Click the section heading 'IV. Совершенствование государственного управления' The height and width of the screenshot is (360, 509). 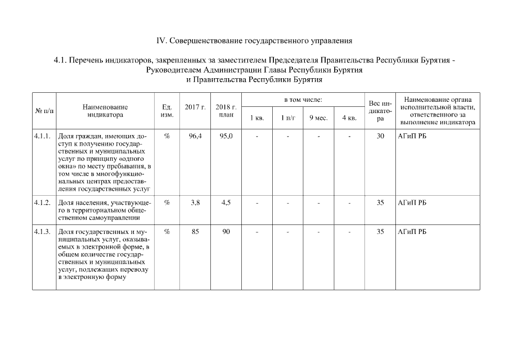[254, 41]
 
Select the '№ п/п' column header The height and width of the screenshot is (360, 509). [44, 110]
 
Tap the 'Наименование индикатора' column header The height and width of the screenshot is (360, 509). [105, 110]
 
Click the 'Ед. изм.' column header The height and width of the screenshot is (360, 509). [166, 110]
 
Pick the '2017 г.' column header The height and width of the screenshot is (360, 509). [195, 107]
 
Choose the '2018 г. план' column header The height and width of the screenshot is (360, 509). [226, 110]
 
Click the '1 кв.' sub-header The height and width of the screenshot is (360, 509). [256, 118]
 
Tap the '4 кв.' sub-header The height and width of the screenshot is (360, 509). [349, 118]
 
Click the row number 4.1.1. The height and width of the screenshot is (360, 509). [43, 136]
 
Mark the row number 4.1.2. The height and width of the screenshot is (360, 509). [43, 202]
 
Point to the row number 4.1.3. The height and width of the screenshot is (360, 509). [43, 232]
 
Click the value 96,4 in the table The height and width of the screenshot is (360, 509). [195, 136]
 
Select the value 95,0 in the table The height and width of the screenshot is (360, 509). [226, 136]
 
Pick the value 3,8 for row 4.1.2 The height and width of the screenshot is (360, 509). [195, 202]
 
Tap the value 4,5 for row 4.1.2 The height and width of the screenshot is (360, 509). [226, 202]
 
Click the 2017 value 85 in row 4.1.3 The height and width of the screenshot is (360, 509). [195, 232]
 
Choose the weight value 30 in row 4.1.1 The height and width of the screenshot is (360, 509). [380, 136]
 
